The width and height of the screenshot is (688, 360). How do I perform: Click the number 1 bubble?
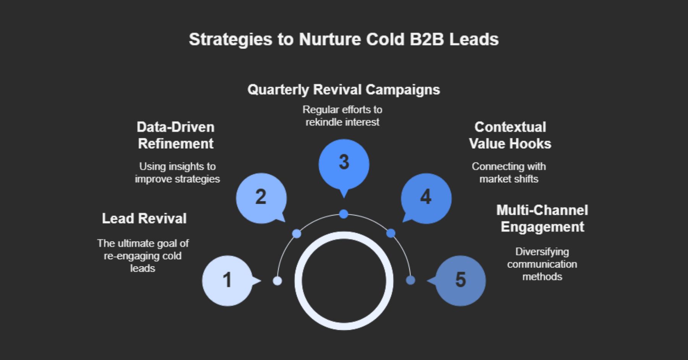[227, 281]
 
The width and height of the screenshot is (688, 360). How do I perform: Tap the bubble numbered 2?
[261, 198]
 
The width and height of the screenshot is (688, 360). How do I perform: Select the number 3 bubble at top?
[344, 164]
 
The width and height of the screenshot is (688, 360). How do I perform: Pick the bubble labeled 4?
[426, 198]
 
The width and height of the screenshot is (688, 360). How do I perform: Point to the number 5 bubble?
[461, 281]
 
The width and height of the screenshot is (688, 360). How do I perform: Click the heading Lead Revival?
[144, 219]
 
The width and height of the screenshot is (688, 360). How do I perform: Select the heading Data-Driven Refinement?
[175, 135]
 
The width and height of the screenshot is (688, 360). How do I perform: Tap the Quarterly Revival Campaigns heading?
[344, 90]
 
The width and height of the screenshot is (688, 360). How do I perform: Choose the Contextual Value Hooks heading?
[510, 135]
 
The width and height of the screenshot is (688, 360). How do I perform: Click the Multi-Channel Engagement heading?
[542, 219]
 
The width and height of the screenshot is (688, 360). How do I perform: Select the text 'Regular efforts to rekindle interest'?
[342, 116]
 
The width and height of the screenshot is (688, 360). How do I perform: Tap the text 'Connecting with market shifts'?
[509, 173]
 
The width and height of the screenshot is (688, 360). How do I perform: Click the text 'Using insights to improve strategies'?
[177, 173]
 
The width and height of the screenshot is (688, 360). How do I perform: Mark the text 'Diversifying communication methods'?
[542, 264]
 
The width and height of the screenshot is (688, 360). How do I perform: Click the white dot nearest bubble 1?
[277, 281]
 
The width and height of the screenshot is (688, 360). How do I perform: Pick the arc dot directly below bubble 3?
[344, 214]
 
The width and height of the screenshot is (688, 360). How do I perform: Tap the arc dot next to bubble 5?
[411, 281]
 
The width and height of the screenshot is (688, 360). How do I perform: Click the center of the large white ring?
[344, 281]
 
